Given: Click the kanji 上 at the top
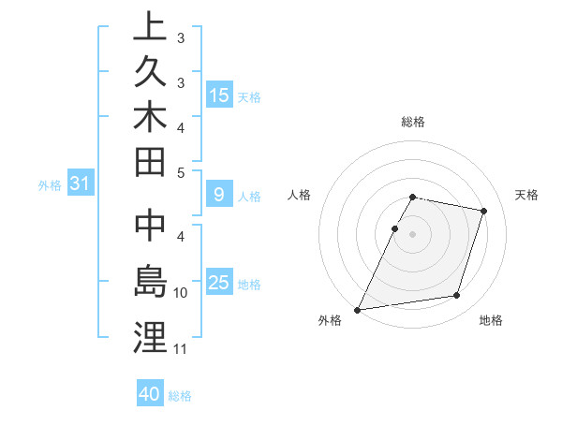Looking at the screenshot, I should (150, 25).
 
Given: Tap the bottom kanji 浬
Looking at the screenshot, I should (150, 338).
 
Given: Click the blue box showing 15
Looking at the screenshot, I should (219, 95).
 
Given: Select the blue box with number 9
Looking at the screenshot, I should (219, 195).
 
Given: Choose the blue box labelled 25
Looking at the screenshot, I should (219, 283).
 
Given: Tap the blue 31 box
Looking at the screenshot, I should (80, 184).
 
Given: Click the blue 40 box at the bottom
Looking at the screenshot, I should (150, 394).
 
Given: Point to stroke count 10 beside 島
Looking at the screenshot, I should (181, 293).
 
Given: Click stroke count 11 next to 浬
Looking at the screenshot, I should (181, 350).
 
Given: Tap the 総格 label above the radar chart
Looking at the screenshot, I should (413, 122).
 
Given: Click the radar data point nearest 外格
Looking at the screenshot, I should (358, 309).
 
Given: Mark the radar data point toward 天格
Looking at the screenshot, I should (484, 211).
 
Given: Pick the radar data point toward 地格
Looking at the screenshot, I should (457, 296).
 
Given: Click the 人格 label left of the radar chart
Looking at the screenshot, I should (300, 195).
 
